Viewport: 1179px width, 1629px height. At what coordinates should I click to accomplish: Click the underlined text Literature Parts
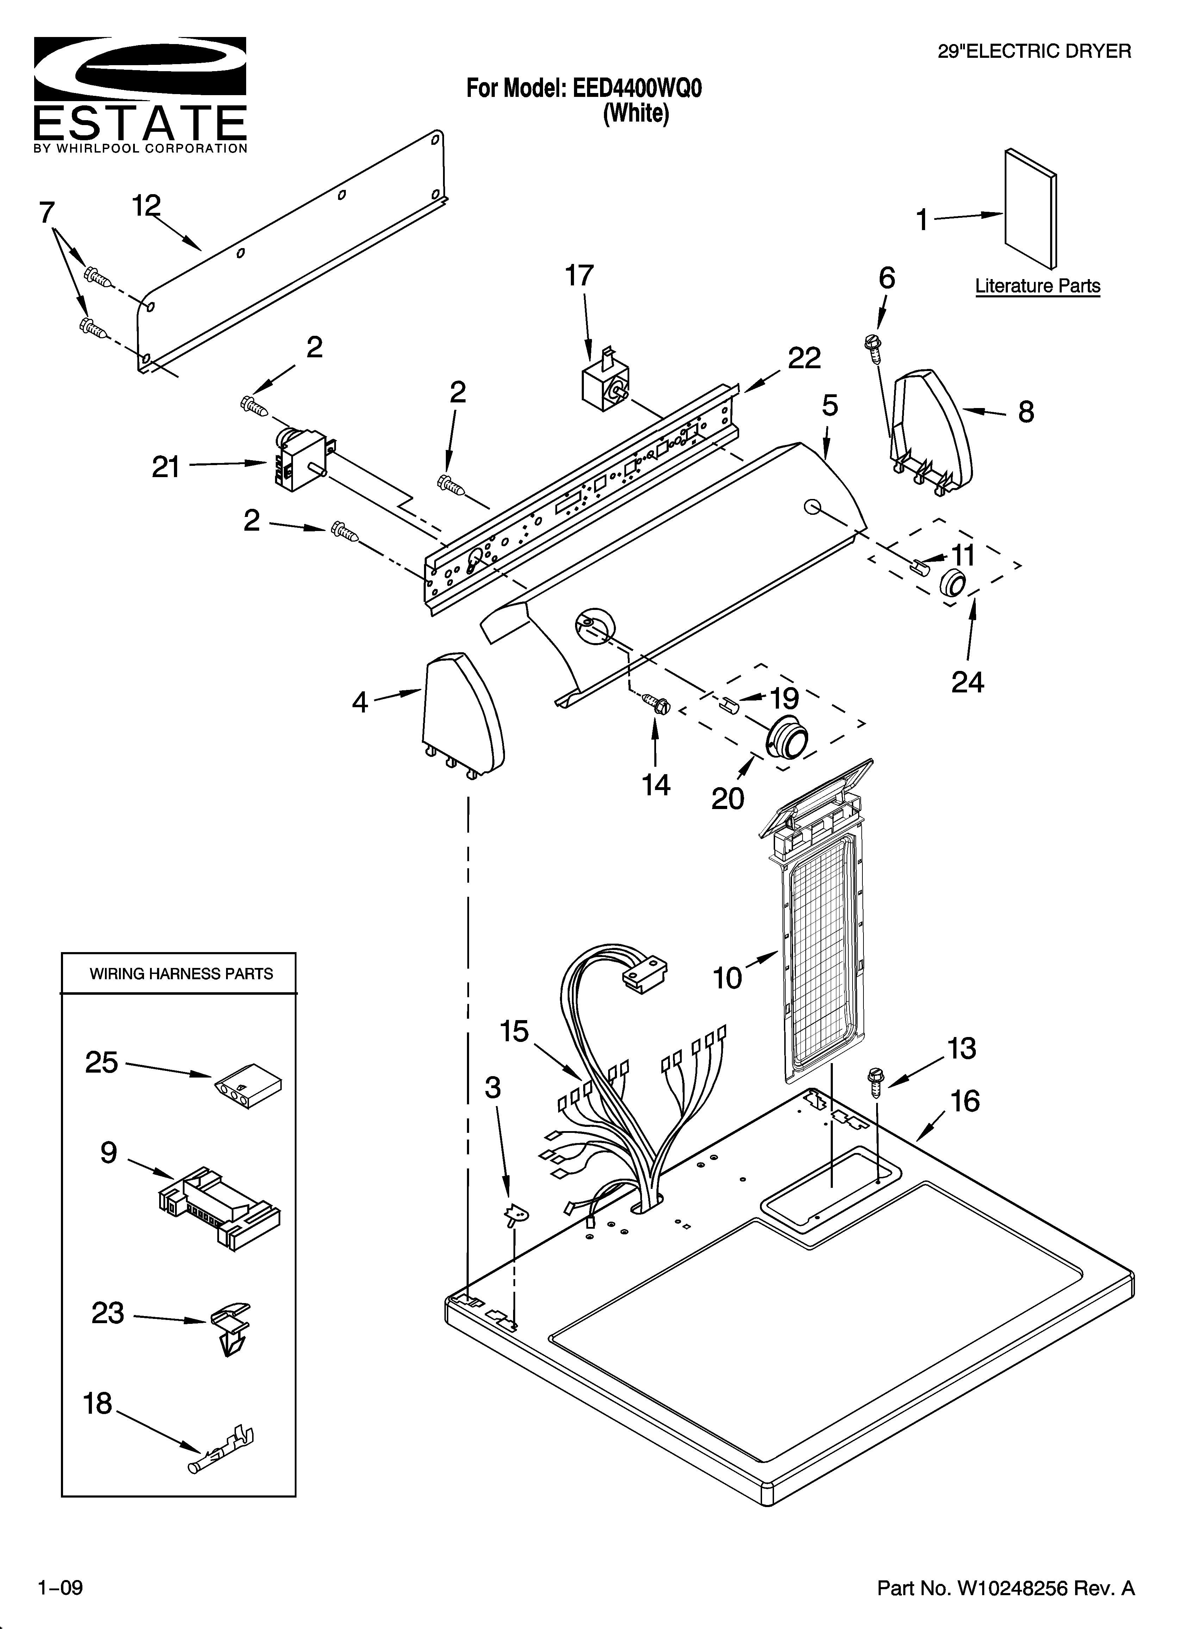1037,286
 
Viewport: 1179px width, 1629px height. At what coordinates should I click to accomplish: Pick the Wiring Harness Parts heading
181,974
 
